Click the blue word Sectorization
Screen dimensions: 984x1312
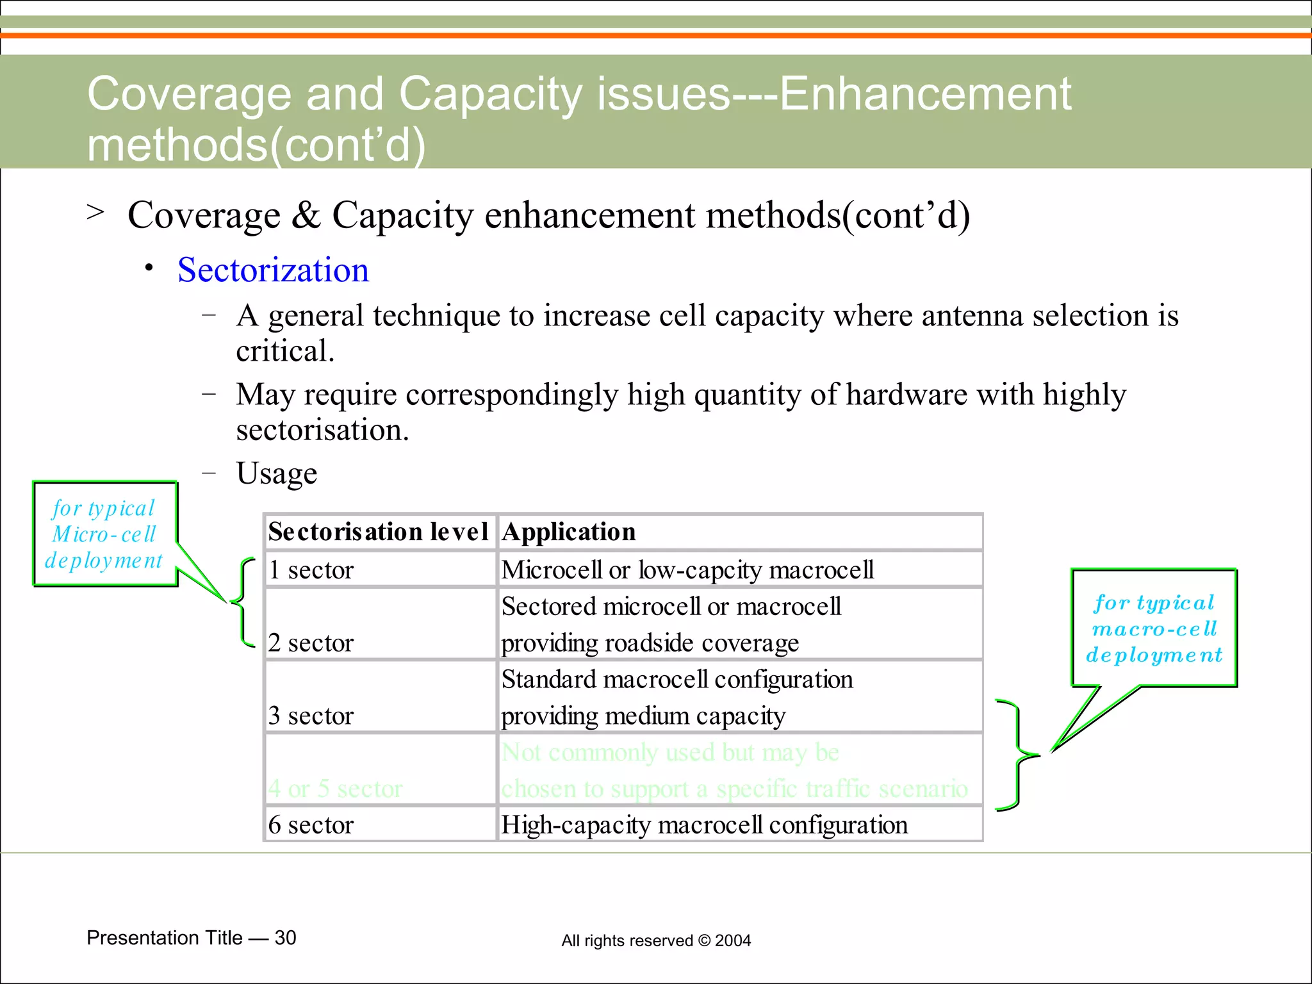(x=273, y=270)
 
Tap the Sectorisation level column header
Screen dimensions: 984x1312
(x=378, y=532)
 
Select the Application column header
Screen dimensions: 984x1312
(x=568, y=532)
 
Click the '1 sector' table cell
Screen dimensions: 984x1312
(x=311, y=570)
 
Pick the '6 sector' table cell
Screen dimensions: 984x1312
(x=311, y=824)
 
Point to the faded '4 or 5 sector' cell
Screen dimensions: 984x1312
(x=336, y=788)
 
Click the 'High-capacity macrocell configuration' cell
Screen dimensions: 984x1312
(x=704, y=824)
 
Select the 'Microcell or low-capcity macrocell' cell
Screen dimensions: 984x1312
(x=687, y=570)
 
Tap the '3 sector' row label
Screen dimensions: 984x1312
(x=311, y=715)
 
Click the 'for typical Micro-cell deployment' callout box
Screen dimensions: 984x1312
(x=104, y=534)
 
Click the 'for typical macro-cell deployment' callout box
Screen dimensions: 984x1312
(x=1154, y=628)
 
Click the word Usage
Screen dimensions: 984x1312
(x=276, y=473)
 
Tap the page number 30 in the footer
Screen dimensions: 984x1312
(x=285, y=938)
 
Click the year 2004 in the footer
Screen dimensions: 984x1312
(x=733, y=940)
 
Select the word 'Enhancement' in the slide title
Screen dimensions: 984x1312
(x=924, y=94)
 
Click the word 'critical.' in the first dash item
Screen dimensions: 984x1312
(x=285, y=351)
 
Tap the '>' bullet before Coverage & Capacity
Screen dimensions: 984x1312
(x=95, y=211)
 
